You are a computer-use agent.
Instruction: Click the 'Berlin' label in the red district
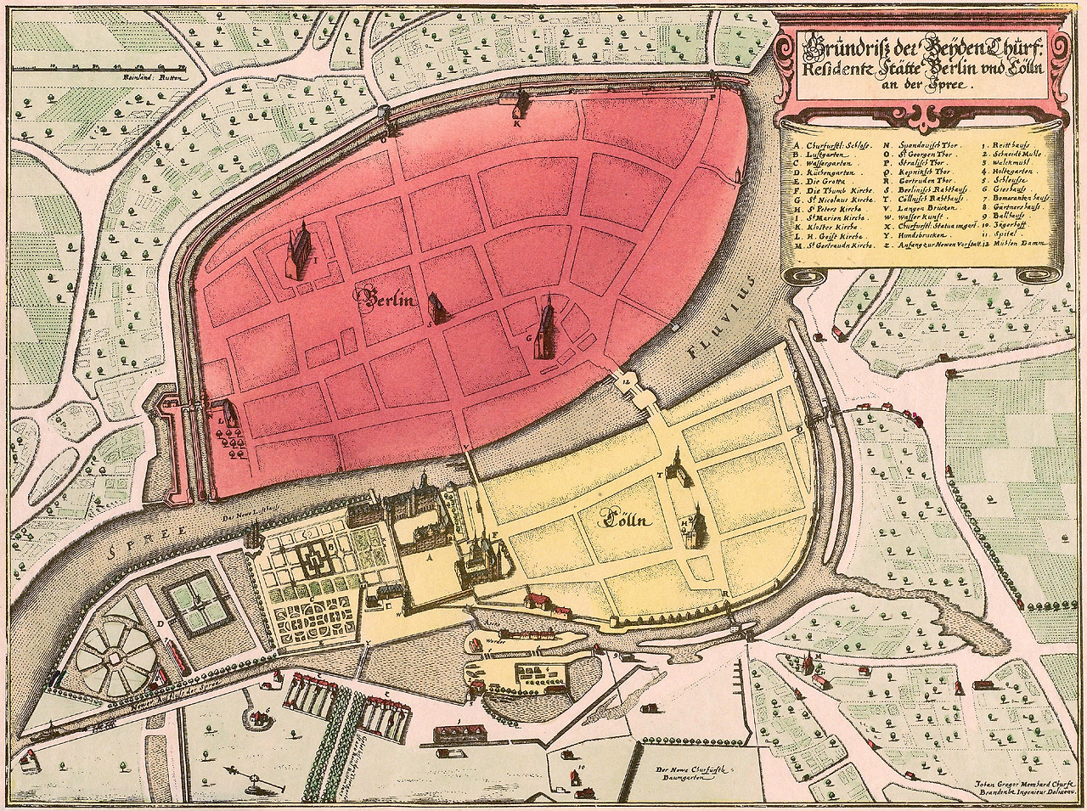coord(386,297)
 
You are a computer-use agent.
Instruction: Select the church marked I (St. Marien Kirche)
coord(299,253)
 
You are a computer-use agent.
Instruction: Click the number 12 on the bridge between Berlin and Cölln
coord(627,381)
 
